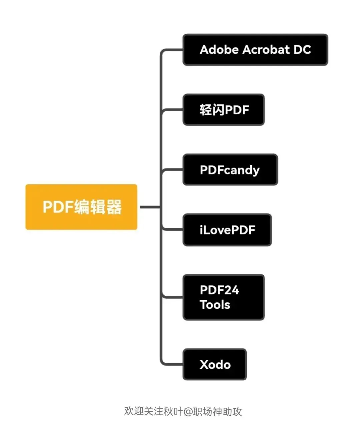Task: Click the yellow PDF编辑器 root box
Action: pos(81,207)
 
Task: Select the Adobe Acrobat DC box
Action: pos(255,50)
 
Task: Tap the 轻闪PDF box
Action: pos(224,110)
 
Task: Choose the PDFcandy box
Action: pos(230,170)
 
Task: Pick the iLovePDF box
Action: pos(227,230)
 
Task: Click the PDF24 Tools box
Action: pos(224,297)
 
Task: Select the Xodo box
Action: pos(215,364)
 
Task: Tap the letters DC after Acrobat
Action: pos(302,50)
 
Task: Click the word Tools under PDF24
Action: pos(215,305)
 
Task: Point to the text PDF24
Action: pos(219,290)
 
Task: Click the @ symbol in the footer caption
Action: pos(188,412)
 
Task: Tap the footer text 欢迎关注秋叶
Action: pos(154,412)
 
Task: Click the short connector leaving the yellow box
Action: pos(150,207)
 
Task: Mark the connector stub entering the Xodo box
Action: pos(173,364)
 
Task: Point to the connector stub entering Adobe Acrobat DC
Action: pos(173,50)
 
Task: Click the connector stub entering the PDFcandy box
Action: pos(173,170)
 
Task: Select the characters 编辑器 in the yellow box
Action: pos(98,207)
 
